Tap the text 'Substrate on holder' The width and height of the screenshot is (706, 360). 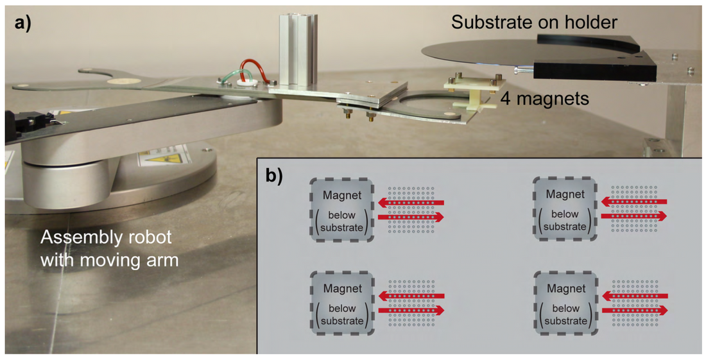click(x=534, y=23)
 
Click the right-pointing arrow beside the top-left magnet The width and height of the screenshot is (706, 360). click(x=411, y=218)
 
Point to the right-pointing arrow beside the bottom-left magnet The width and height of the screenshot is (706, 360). click(x=411, y=311)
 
